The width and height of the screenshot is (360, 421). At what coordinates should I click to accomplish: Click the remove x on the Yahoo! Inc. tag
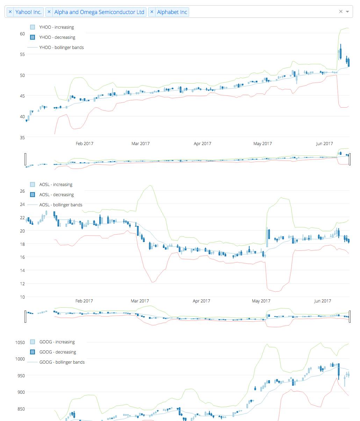[x=10, y=12]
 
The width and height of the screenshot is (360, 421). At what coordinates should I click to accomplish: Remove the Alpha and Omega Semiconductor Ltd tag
[x=49, y=12]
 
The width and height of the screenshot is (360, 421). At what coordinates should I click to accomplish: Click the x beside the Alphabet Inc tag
[x=152, y=12]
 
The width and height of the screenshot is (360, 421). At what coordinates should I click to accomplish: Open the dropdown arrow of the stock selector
[x=347, y=12]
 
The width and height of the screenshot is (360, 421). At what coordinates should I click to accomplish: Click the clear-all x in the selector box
[x=341, y=12]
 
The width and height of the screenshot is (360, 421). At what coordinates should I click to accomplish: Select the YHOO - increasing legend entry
[x=56, y=27]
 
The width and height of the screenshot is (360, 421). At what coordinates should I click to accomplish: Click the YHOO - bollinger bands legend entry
[x=61, y=48]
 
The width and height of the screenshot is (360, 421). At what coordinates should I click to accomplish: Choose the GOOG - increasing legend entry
[x=57, y=342]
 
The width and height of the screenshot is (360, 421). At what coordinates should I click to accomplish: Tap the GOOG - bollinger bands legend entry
[x=62, y=362]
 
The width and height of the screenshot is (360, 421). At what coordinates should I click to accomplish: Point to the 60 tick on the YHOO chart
[x=22, y=34]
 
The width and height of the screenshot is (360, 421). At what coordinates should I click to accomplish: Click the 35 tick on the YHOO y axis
[x=22, y=138]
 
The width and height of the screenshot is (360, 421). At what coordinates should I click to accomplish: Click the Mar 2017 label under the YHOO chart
[x=140, y=144]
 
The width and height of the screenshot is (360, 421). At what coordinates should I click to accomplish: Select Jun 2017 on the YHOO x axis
[x=324, y=144]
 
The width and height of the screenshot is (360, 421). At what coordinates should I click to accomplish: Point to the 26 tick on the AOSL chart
[x=22, y=191]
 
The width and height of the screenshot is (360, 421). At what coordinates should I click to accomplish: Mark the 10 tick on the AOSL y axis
[x=22, y=297]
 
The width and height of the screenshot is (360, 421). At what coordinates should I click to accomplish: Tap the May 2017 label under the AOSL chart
[x=261, y=301]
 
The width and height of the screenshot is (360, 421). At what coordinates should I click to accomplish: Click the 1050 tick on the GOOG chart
[x=20, y=343]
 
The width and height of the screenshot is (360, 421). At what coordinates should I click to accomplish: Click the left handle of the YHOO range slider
[x=25, y=159]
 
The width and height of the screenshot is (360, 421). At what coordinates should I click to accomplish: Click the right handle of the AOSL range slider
[x=350, y=316]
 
